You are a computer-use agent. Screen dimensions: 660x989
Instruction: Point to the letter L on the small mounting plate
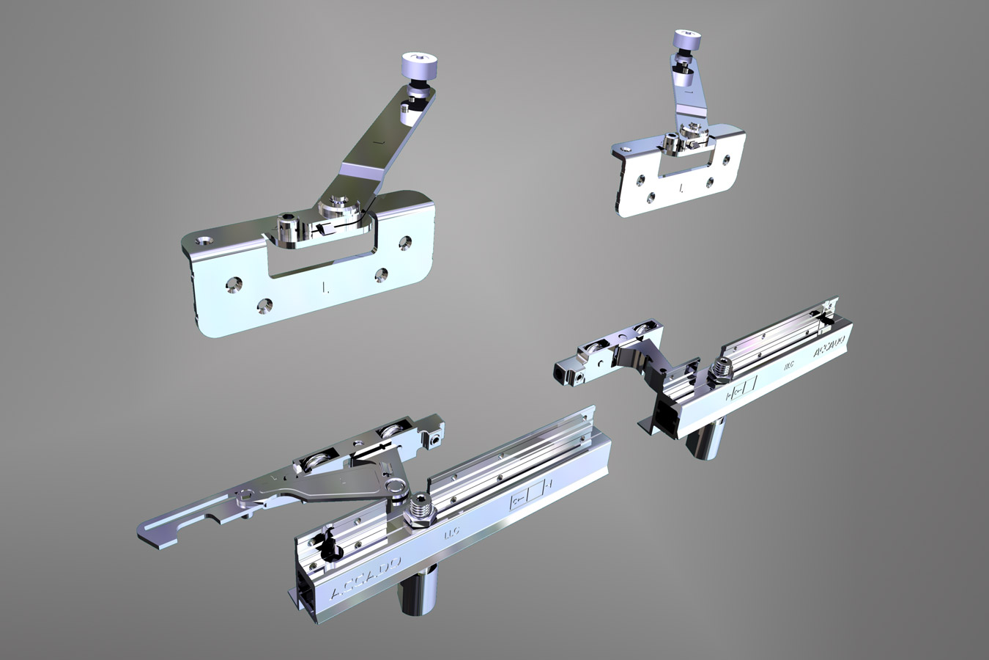[681, 188]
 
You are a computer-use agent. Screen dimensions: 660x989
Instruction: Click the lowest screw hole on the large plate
[264, 303]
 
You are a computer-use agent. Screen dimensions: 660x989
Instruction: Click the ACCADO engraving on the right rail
[829, 348]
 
